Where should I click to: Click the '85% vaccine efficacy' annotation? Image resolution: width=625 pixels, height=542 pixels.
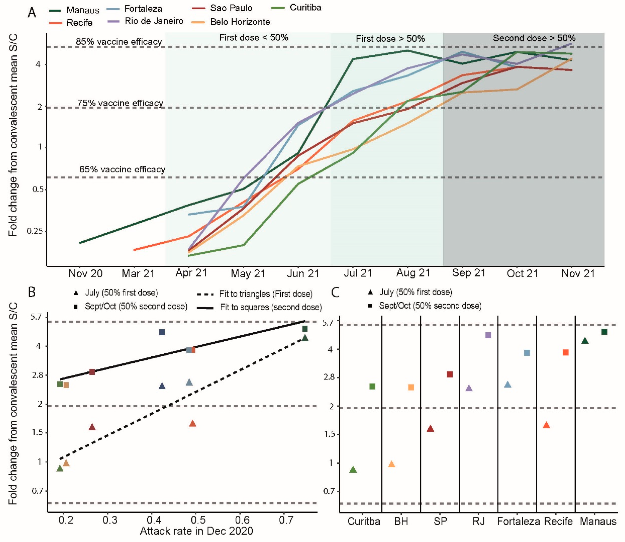point(119,42)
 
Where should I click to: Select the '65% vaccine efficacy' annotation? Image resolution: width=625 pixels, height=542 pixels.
point(122,169)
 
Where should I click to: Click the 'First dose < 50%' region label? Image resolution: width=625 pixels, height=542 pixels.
point(254,38)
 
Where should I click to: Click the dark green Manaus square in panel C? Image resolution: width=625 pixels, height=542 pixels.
point(604,332)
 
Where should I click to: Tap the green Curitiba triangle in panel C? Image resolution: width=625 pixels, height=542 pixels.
point(353,469)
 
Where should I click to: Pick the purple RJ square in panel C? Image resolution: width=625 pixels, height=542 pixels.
point(488,335)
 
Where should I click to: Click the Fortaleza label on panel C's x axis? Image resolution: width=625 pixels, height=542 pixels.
point(518,521)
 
